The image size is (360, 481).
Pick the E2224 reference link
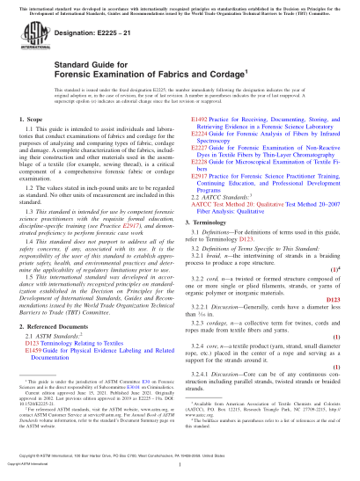click(x=200, y=156)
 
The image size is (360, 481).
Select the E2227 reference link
click(x=200, y=171)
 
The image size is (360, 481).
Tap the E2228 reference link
click(x=200, y=186)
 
